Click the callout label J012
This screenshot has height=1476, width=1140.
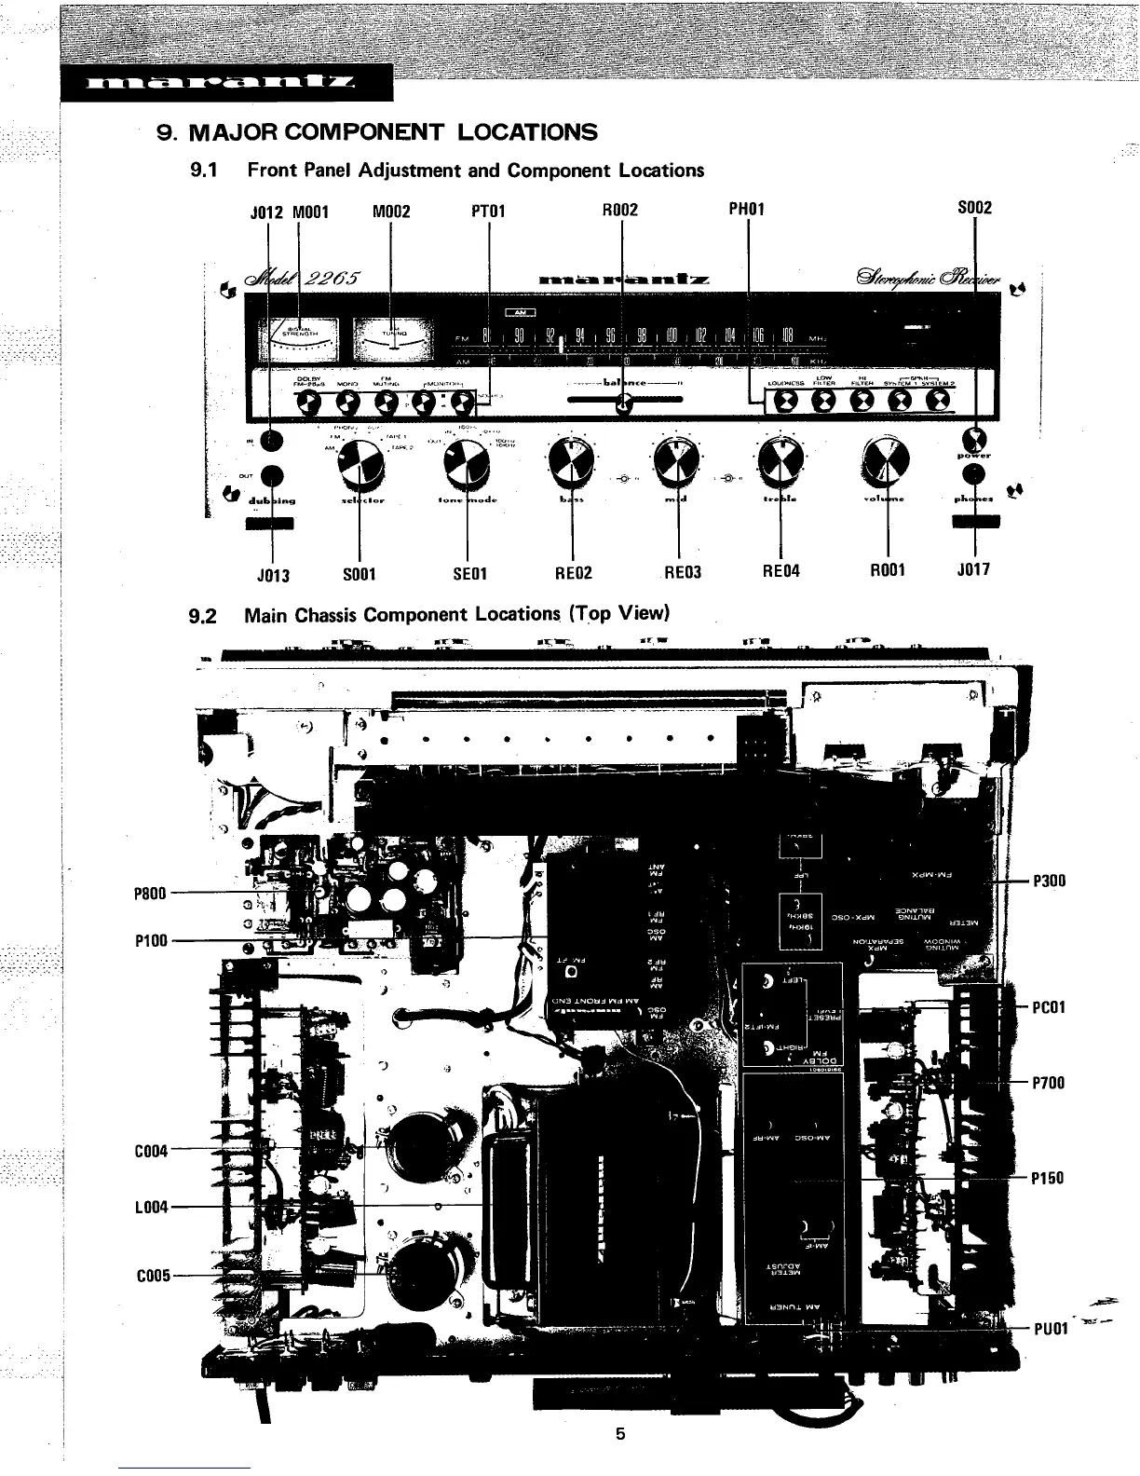tap(267, 211)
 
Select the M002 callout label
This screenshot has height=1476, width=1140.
tap(390, 211)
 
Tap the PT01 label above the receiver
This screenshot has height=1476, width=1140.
tap(488, 211)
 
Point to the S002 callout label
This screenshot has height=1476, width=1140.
tap(974, 208)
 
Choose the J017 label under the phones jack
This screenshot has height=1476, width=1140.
tap(973, 568)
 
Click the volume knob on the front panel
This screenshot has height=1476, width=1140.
tap(886, 462)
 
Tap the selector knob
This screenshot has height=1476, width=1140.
tap(359, 462)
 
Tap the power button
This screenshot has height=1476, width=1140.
tap(975, 437)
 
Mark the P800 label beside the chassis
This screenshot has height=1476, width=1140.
tap(151, 894)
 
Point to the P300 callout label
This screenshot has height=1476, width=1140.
tap(1049, 881)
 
